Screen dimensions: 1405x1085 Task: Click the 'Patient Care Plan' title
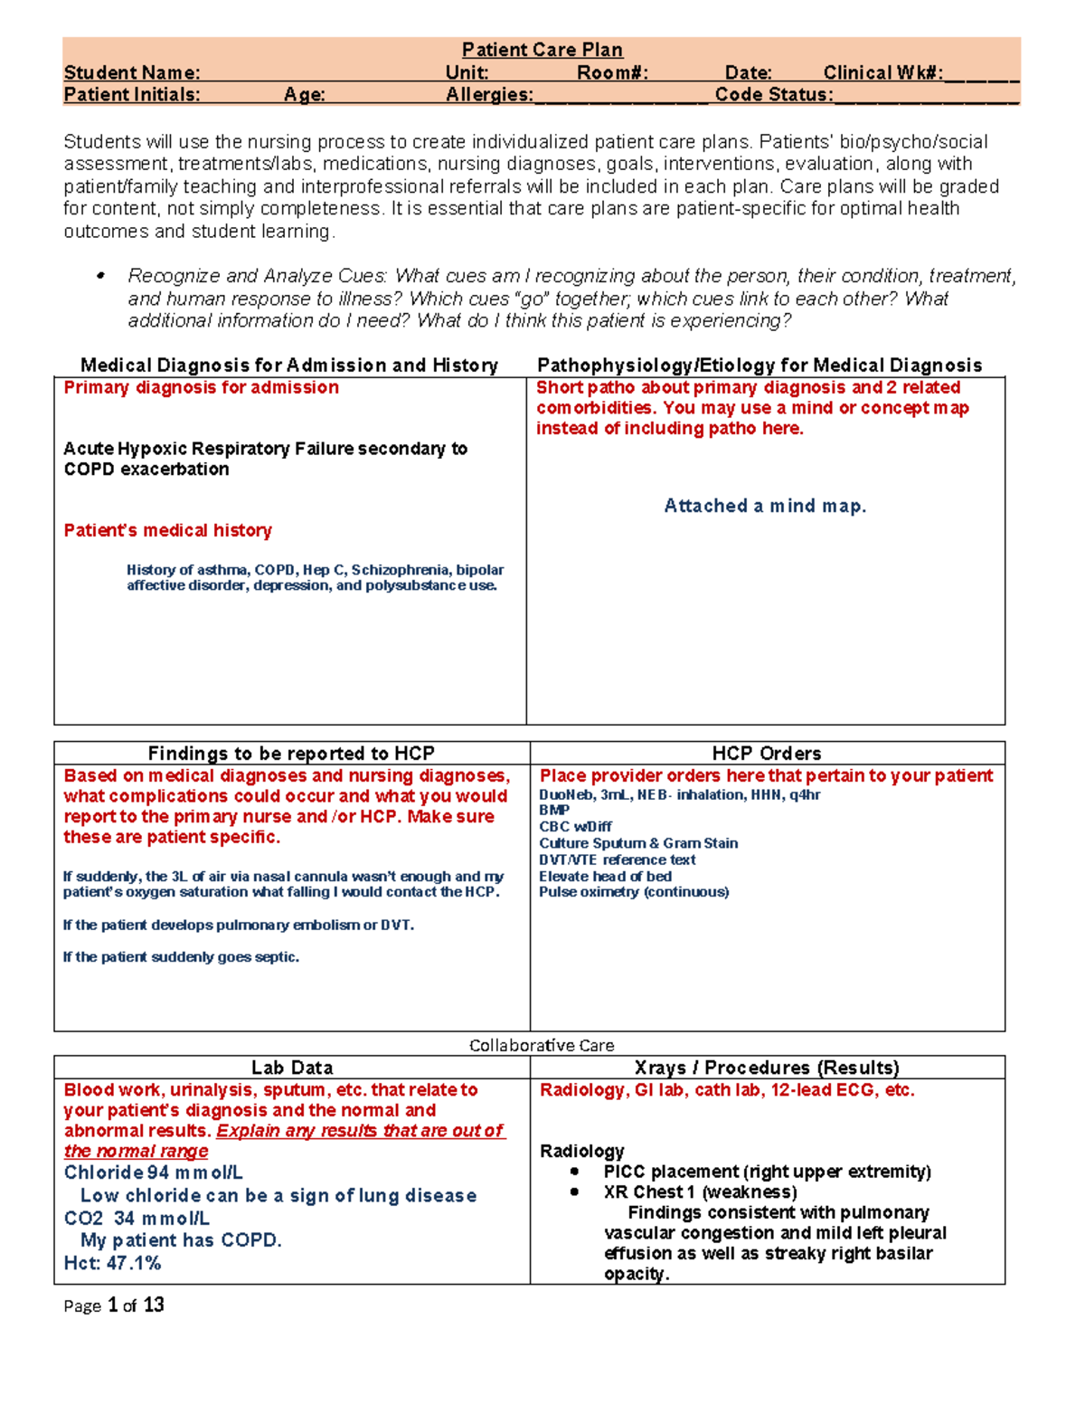click(x=542, y=50)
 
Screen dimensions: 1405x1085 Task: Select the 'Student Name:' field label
click(x=132, y=73)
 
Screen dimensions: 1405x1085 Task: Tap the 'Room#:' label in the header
click(x=612, y=73)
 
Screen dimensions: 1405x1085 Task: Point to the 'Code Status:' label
click(x=774, y=95)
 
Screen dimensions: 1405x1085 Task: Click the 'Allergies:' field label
click(x=489, y=95)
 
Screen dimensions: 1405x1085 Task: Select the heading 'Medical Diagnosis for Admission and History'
click(x=289, y=365)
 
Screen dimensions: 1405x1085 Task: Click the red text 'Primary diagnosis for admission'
click(x=201, y=387)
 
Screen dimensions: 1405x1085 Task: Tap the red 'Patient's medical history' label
click(x=167, y=530)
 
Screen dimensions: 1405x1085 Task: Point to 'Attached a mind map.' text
click(x=765, y=506)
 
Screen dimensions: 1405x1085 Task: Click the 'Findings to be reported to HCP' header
click(x=291, y=753)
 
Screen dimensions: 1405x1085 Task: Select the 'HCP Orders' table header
click(x=767, y=753)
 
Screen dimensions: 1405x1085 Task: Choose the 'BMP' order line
click(x=554, y=811)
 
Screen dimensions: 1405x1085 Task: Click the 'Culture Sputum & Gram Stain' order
click(x=638, y=843)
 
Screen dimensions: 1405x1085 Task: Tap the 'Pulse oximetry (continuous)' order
click(x=634, y=892)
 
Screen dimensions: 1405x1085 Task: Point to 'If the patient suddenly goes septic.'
click(x=181, y=957)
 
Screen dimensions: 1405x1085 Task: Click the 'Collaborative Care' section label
click(x=542, y=1045)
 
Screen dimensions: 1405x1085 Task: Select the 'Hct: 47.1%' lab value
click(x=112, y=1263)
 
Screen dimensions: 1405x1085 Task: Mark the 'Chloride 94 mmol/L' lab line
click(x=153, y=1172)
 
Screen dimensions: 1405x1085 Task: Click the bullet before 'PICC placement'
click(x=574, y=1172)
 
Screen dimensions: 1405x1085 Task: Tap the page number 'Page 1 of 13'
click(x=114, y=1305)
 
